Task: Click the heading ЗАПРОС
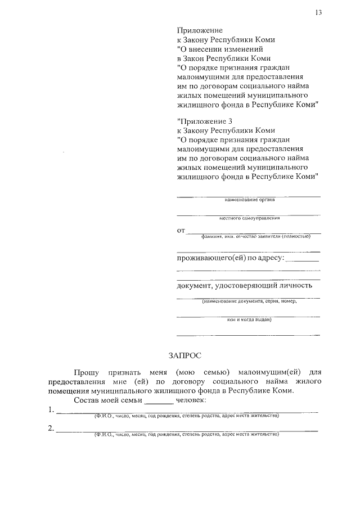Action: (x=184, y=355)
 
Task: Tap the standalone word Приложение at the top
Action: (x=200, y=30)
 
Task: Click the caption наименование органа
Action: (x=249, y=200)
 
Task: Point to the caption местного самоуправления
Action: (x=249, y=218)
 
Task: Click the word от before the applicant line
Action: (x=181, y=231)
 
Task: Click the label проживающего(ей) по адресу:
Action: (x=231, y=258)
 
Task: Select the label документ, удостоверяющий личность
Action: (x=244, y=285)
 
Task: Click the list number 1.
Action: (x=51, y=409)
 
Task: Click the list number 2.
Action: (x=51, y=429)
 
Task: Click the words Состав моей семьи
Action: (x=109, y=400)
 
